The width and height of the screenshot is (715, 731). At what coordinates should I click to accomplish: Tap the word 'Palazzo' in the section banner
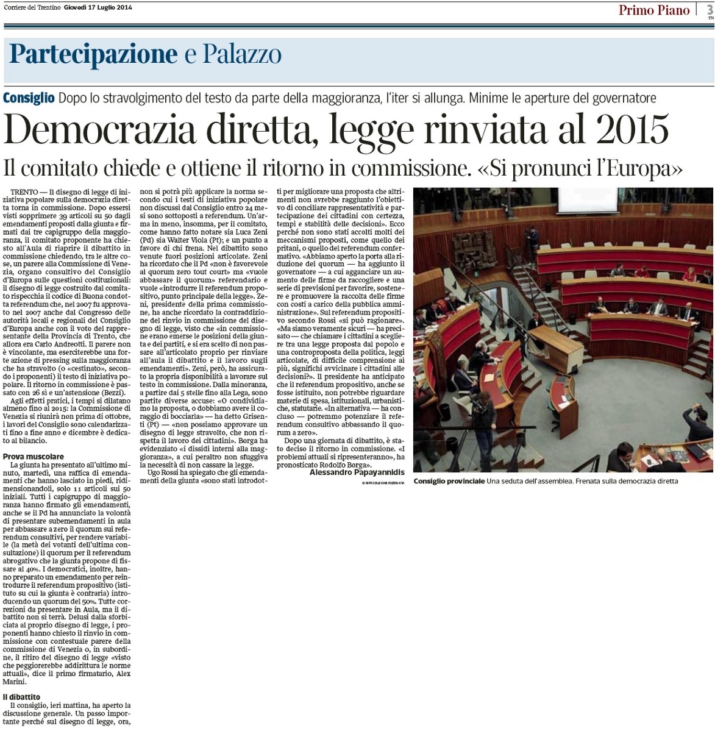[x=242, y=55]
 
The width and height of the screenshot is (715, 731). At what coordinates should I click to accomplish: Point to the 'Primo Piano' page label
[x=653, y=10]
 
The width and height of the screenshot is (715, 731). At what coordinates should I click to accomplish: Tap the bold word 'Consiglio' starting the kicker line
[x=28, y=98]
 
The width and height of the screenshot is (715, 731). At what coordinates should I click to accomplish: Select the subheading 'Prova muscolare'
[x=33, y=456]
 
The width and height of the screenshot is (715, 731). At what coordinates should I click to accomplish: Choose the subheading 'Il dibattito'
[x=21, y=696]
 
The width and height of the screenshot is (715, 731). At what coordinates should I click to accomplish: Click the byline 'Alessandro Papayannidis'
[x=357, y=472]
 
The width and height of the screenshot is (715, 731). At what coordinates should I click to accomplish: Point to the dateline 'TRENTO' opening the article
[x=24, y=191]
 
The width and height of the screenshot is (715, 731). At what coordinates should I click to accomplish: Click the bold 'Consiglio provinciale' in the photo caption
[x=449, y=481]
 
